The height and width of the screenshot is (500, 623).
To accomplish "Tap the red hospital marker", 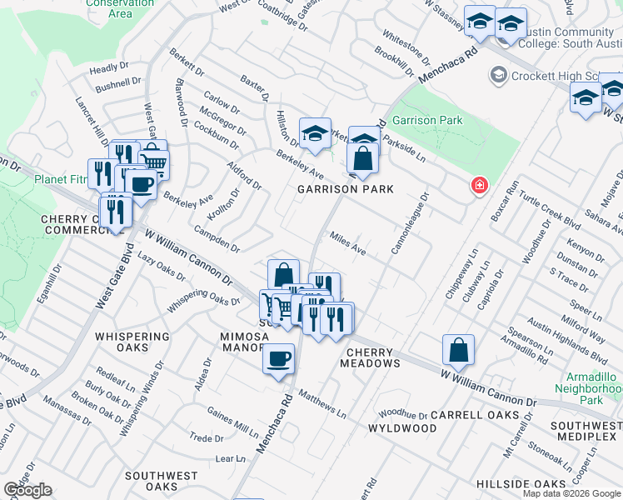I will click(x=479, y=185).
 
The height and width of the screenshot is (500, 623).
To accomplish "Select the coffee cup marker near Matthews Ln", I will click(x=278, y=359).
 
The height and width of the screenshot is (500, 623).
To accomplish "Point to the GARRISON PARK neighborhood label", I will click(x=346, y=189).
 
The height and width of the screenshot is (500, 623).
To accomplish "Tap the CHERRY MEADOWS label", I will click(x=370, y=357).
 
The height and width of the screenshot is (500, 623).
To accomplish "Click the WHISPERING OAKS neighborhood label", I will click(x=132, y=336).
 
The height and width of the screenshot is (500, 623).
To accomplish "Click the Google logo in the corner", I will click(x=27, y=490).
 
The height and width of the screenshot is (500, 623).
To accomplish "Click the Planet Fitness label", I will click(x=60, y=179).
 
